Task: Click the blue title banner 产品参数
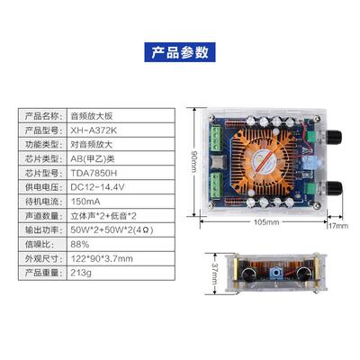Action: [x=179, y=52]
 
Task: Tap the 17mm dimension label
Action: [x=337, y=225]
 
